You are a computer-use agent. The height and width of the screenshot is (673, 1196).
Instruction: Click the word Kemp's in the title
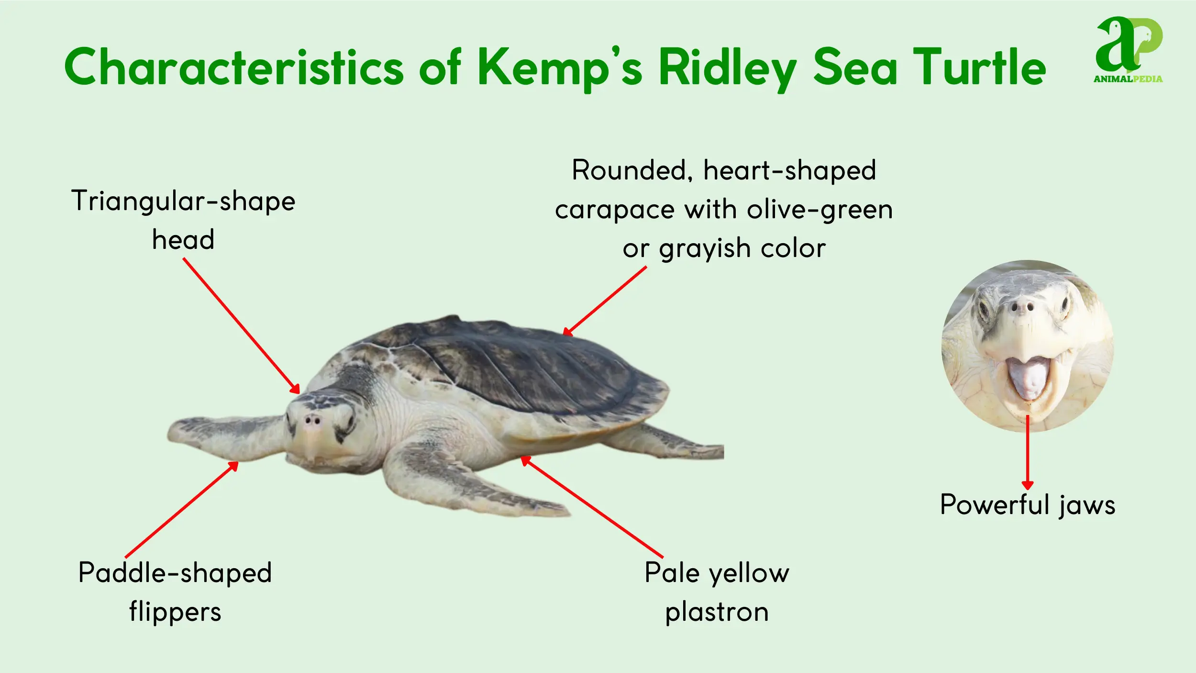(x=560, y=68)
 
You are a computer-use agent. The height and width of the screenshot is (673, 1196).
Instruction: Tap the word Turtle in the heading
(x=979, y=67)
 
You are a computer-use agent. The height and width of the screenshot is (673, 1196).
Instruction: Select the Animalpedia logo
(x=1129, y=50)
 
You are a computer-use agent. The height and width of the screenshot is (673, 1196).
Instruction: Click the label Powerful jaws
(x=1028, y=505)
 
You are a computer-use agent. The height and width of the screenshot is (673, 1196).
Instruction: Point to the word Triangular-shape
(x=183, y=201)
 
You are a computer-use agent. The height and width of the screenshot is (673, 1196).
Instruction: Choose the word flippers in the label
(x=175, y=613)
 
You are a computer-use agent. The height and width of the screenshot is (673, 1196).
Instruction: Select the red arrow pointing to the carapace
(x=605, y=301)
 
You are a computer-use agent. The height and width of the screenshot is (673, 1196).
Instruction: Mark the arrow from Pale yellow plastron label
(x=592, y=507)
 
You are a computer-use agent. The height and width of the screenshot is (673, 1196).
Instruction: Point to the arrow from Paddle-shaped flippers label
(x=181, y=509)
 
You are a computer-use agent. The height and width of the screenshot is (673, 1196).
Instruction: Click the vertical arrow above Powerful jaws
(x=1028, y=452)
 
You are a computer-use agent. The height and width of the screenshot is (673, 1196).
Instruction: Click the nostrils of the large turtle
(x=312, y=421)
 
